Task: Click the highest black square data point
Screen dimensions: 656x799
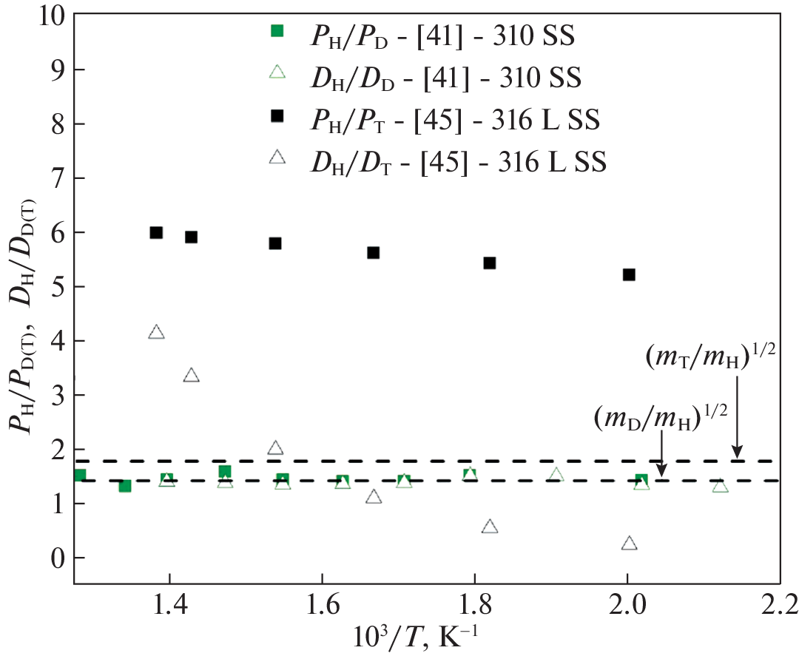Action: pos(156,232)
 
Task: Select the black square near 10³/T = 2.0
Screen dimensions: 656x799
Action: pos(629,274)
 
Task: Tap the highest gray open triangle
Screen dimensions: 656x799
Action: pos(156,332)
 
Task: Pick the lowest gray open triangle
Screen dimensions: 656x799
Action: pos(629,544)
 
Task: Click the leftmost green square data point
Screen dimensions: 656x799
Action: pos(80,475)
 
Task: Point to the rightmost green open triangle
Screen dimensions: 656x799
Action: pos(720,486)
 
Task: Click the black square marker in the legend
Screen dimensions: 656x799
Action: pos(277,115)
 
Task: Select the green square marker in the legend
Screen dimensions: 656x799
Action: pos(277,30)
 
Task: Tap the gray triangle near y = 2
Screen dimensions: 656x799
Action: pos(275,448)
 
